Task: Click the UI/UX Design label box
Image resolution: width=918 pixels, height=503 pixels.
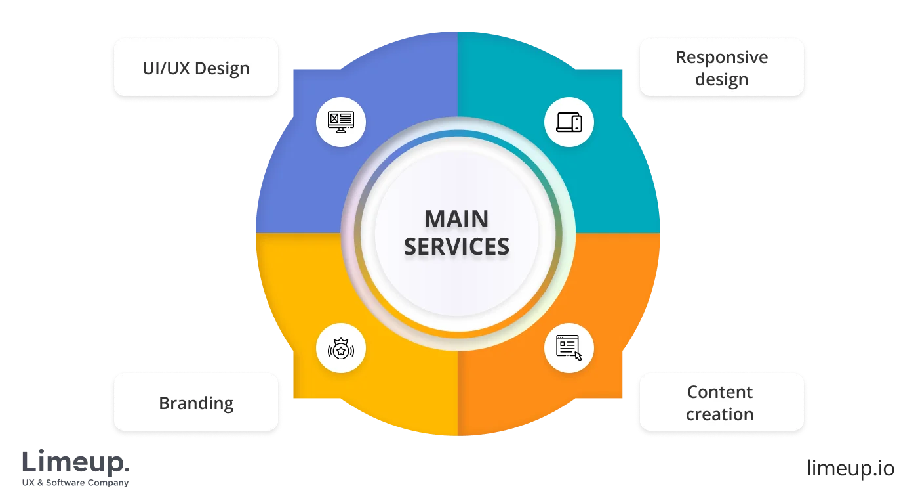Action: click(196, 68)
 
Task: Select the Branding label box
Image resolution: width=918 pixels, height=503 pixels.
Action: click(196, 403)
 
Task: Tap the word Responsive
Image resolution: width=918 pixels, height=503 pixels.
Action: click(721, 57)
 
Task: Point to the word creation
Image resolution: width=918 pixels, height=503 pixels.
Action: click(720, 414)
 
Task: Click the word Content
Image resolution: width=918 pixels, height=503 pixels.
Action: click(720, 392)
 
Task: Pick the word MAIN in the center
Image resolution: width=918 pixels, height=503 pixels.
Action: click(456, 219)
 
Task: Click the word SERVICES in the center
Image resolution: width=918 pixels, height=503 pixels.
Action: click(456, 246)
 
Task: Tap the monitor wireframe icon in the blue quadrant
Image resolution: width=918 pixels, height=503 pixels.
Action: click(340, 121)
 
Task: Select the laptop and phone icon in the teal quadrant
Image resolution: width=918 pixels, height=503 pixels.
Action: click(569, 121)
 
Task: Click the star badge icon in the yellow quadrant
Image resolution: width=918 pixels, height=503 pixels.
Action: click(340, 350)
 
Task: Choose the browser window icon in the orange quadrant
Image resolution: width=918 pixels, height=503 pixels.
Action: click(568, 346)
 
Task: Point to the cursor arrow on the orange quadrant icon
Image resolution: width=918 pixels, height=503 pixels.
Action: click(578, 356)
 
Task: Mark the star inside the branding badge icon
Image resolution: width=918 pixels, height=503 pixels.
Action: click(340, 351)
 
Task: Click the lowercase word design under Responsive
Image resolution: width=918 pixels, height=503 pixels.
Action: click(721, 79)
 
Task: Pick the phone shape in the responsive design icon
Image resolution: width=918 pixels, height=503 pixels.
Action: click(577, 123)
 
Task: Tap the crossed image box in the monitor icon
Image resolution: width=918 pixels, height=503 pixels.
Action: click(334, 119)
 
